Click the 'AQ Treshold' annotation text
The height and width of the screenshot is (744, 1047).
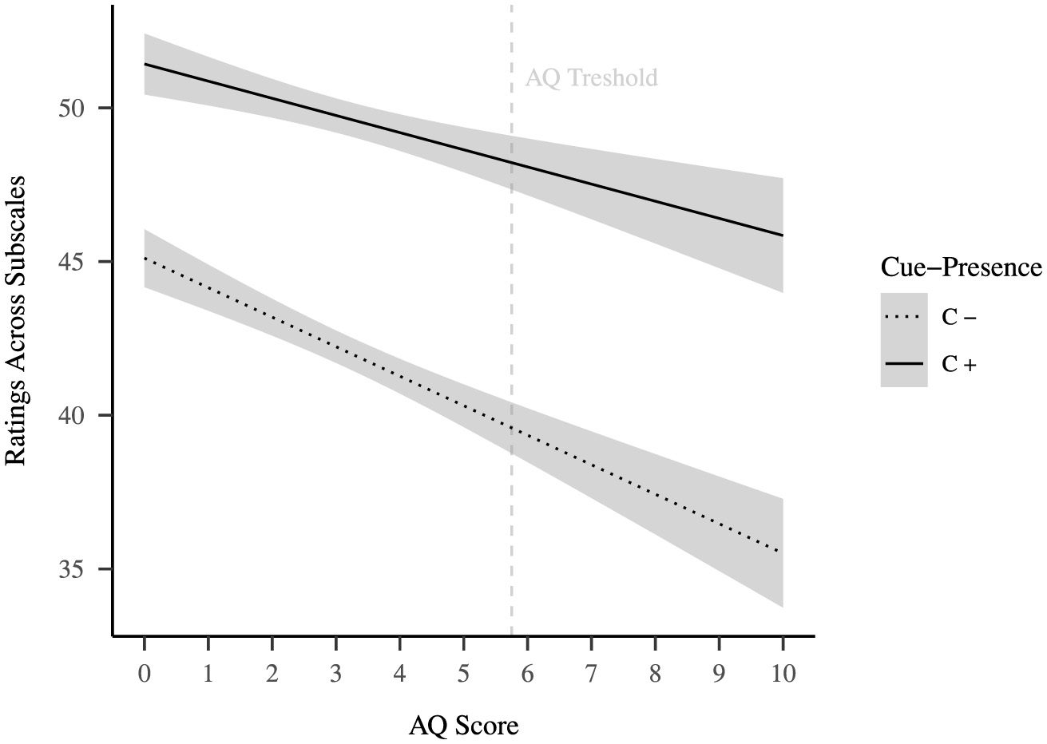pos(591,77)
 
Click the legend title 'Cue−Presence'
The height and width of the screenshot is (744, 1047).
pos(961,267)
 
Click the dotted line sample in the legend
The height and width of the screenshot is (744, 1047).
pos(904,317)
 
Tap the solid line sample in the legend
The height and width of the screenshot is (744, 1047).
pos(904,364)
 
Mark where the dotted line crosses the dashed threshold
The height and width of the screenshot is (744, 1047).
pos(511,429)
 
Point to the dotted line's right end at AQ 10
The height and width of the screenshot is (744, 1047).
pos(782,551)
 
